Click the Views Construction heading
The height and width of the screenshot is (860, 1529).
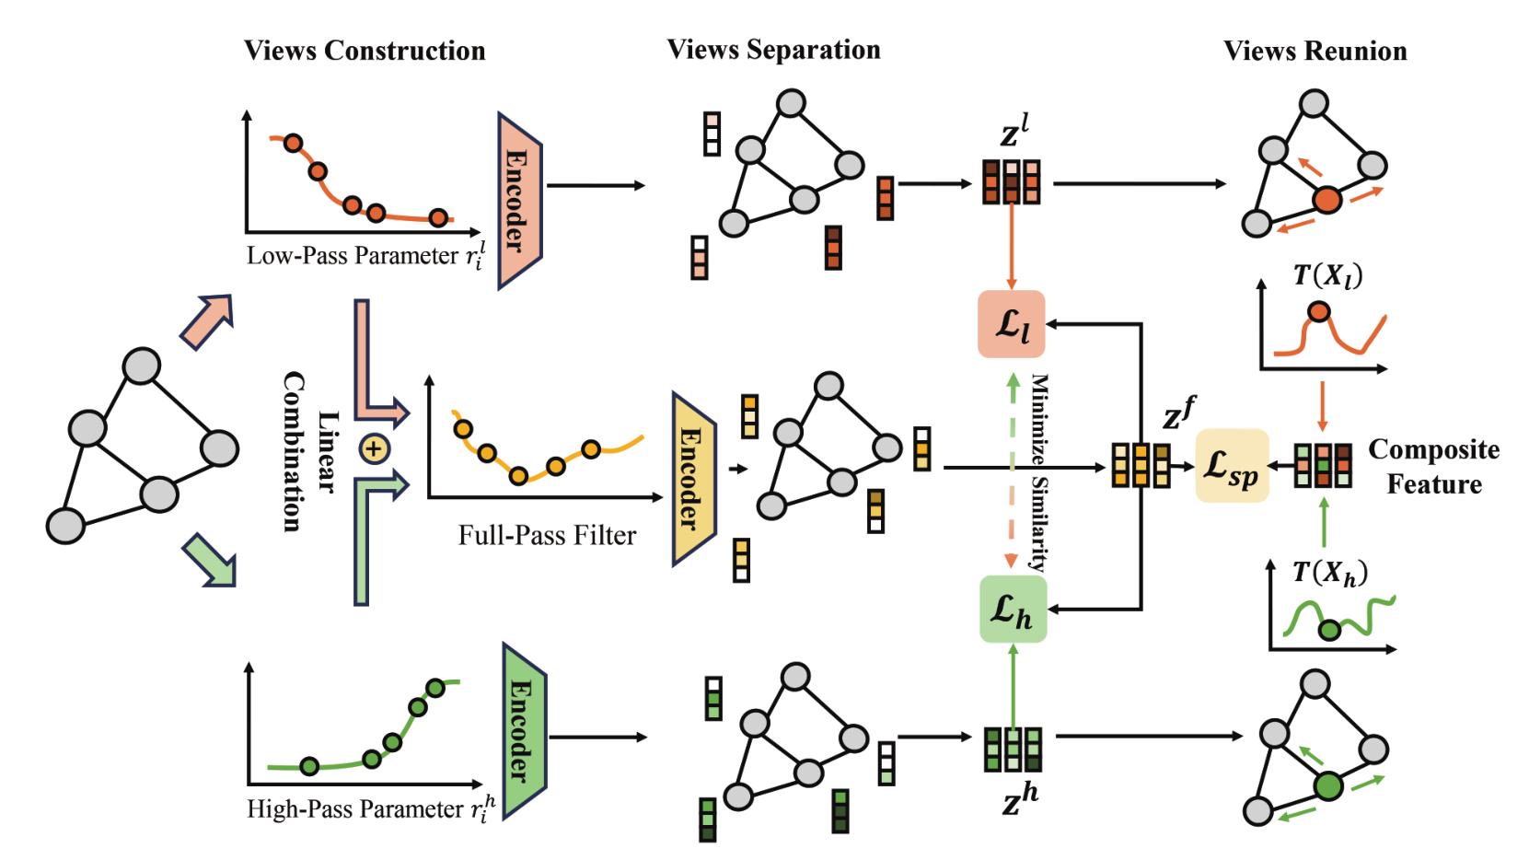(x=365, y=50)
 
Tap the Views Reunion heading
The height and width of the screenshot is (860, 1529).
(x=1315, y=51)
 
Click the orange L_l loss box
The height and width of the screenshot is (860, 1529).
(x=1011, y=323)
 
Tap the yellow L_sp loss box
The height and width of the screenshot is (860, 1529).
(x=1232, y=466)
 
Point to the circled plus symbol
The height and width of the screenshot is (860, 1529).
(x=373, y=450)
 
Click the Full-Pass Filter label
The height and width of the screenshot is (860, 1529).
(x=547, y=534)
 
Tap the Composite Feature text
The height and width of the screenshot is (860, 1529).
(x=1433, y=466)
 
